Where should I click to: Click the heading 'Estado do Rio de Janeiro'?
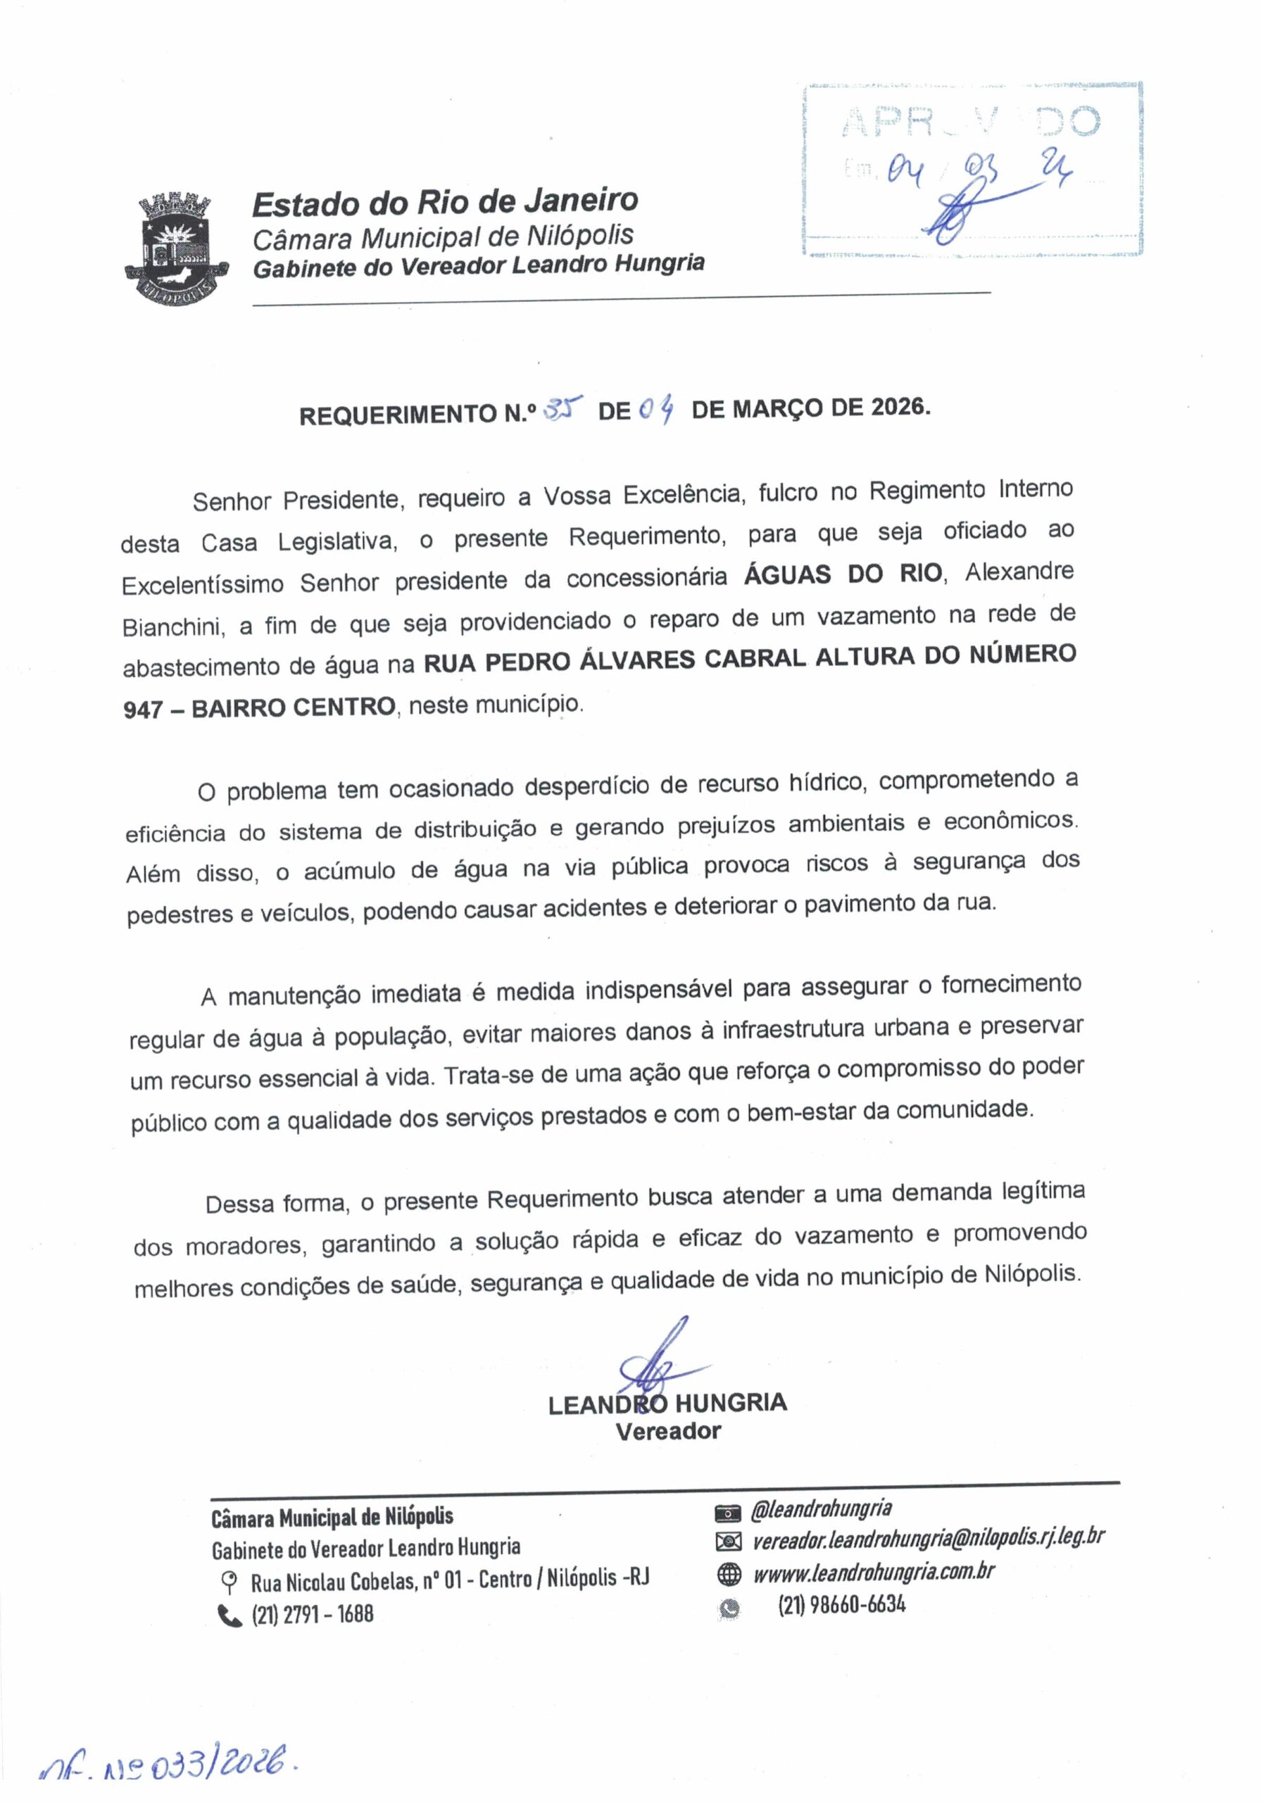(444, 203)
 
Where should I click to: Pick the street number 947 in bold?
(143, 710)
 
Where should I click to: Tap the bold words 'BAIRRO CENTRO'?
(294, 707)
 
